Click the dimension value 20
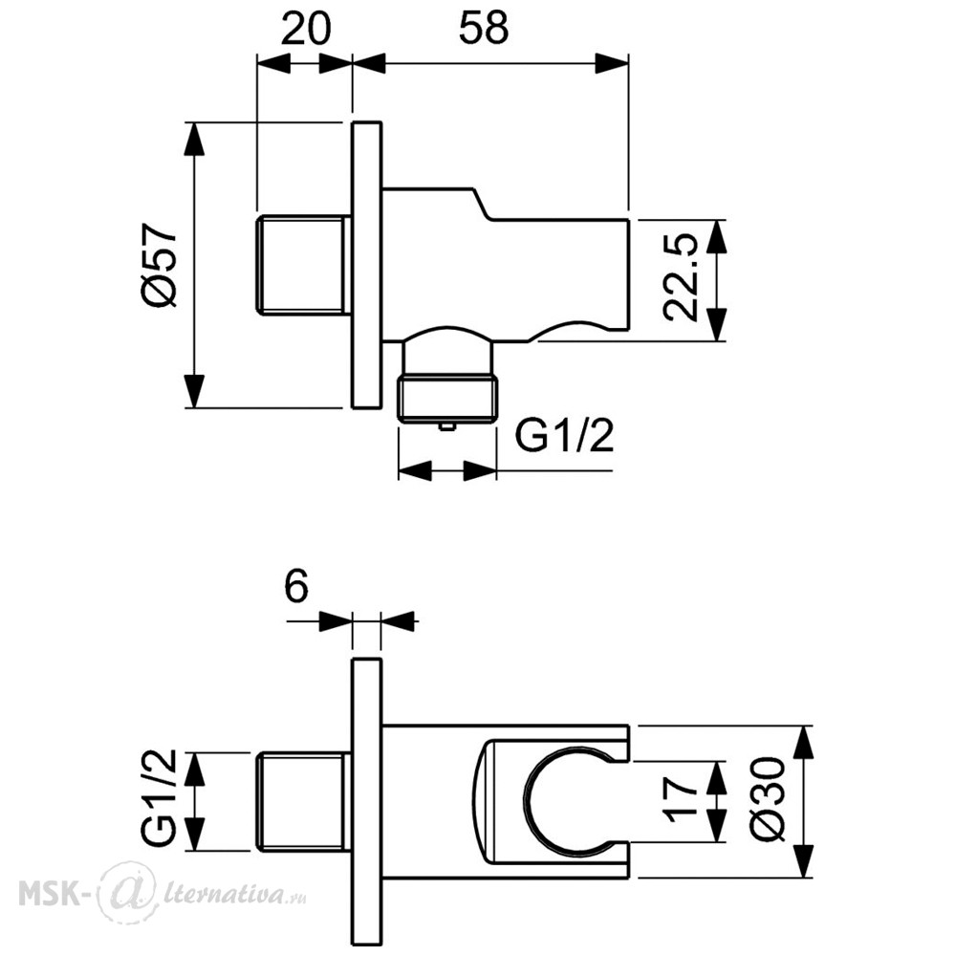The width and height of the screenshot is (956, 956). [x=306, y=29]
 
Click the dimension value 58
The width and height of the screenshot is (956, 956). [x=484, y=29]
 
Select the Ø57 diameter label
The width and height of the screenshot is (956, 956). [x=159, y=265]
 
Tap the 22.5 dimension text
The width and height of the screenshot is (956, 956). [x=680, y=276]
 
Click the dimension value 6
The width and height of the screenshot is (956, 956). [x=297, y=587]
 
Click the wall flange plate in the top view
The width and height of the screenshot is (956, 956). [x=367, y=265]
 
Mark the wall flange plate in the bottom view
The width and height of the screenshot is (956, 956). [x=367, y=801]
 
